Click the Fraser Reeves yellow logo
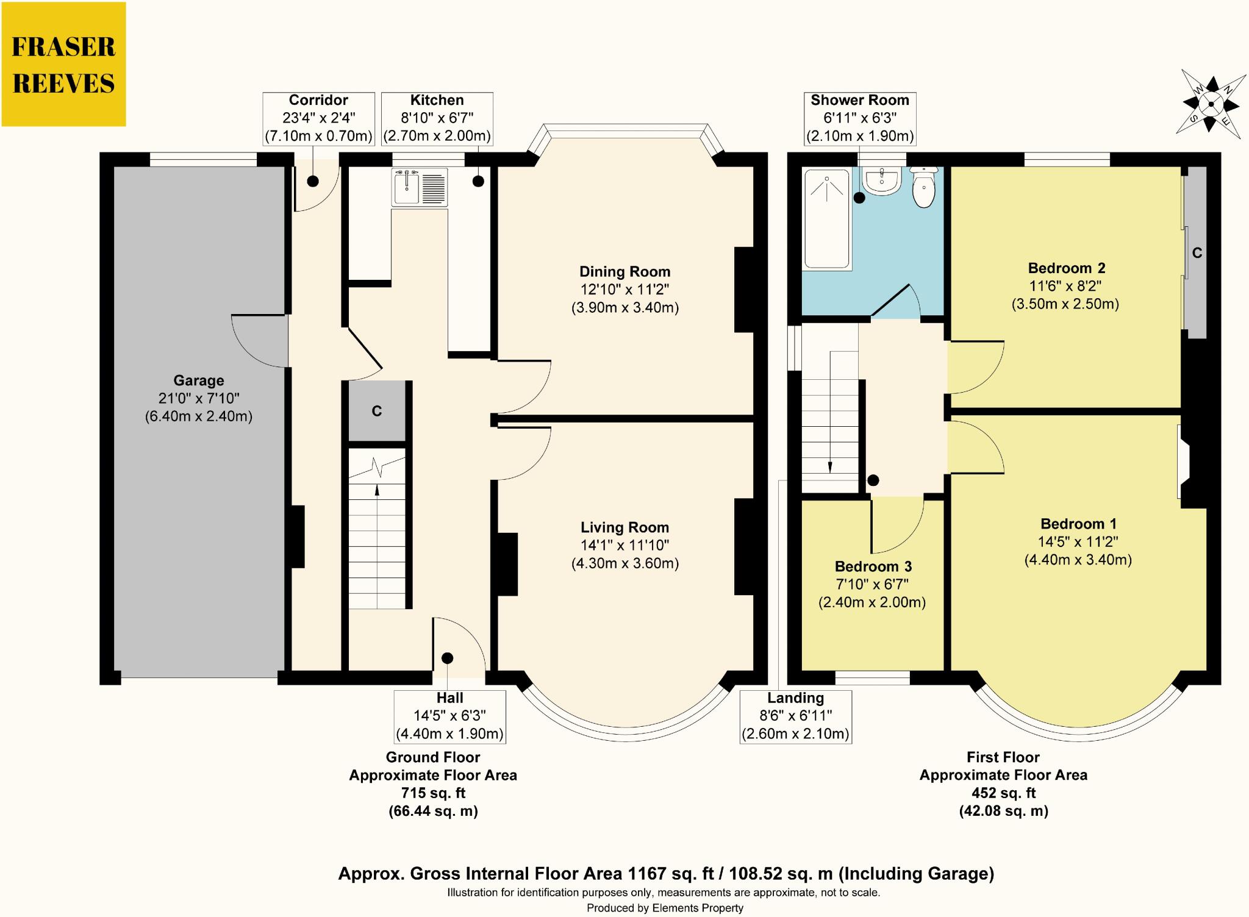[x=63, y=65]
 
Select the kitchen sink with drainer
[x=420, y=187]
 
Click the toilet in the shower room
[x=924, y=188]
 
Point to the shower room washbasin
[x=882, y=181]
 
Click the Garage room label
[x=199, y=380]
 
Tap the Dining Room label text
[x=624, y=272]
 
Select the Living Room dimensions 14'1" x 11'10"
[x=624, y=545]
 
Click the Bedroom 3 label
[x=873, y=566]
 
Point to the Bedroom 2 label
[x=1066, y=268]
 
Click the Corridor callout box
[x=318, y=118]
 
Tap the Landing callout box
[x=795, y=716]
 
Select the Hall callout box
[x=449, y=716]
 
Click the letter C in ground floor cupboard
[x=377, y=412]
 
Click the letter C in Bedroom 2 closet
[x=1197, y=253]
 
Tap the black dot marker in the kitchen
[x=478, y=181]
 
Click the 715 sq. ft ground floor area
[x=433, y=793]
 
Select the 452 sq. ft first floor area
[x=1003, y=793]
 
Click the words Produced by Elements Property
[x=665, y=908]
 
